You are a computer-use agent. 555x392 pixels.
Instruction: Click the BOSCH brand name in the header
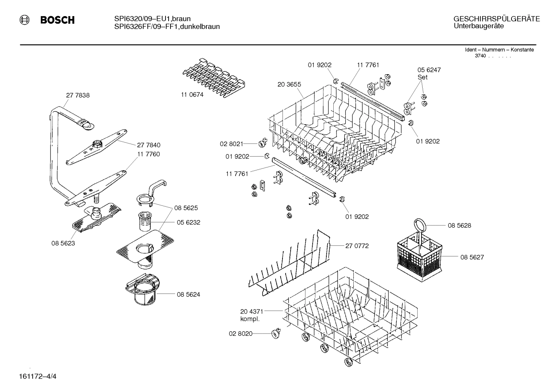pos(57,20)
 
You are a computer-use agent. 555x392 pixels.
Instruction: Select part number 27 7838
pos(78,95)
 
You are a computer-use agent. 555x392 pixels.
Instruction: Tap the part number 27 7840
pos(149,145)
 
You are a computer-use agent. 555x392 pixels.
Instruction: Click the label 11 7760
pos(148,154)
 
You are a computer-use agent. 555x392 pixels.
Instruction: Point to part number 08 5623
pos(63,243)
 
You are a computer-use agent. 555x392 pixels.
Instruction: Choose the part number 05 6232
pos(188,222)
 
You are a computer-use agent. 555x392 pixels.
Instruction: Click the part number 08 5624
pos(188,295)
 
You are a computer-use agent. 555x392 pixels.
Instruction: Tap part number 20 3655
pos(289,84)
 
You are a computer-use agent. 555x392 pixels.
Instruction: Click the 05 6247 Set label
pos(429,73)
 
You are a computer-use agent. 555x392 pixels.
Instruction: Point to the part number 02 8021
pos(231,144)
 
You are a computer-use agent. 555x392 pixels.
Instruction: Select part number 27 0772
pos(357,246)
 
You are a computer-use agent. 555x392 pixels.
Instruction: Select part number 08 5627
pos(472,257)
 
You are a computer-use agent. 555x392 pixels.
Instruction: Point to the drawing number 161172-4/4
pos(37,376)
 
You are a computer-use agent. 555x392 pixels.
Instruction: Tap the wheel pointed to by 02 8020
pos(275,334)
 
